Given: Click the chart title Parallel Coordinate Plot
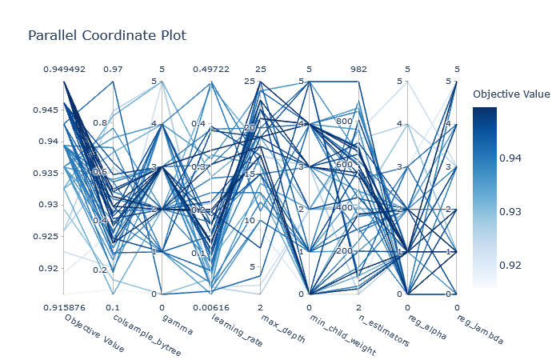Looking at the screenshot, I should [x=107, y=36].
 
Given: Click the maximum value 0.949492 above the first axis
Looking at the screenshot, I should [x=64, y=70].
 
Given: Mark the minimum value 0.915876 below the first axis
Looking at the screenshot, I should [x=64, y=306].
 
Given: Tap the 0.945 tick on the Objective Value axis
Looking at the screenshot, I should [x=49, y=109].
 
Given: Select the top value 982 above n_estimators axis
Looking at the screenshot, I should [x=358, y=70].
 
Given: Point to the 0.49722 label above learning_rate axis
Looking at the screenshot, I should [x=211, y=70].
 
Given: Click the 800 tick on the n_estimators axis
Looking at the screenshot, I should [x=345, y=121].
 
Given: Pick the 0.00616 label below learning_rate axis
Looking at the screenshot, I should [x=211, y=306].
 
